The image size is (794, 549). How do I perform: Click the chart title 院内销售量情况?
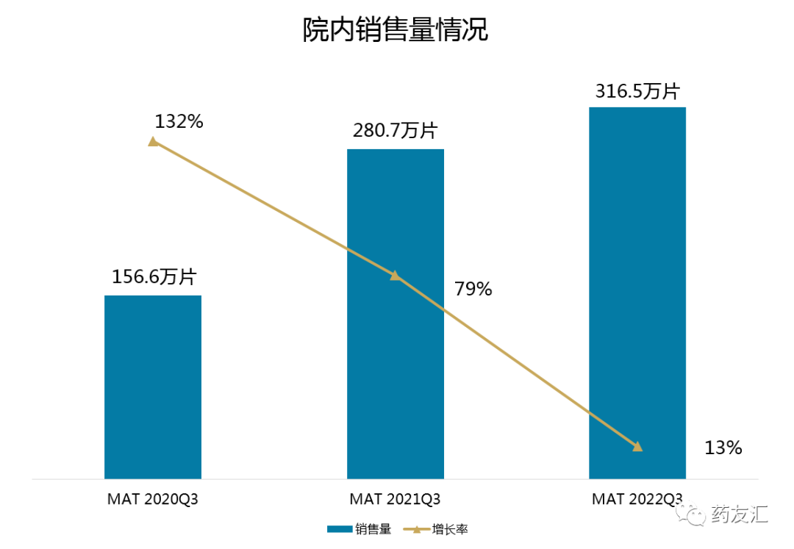click(x=396, y=31)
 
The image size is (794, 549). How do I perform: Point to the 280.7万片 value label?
click(x=396, y=131)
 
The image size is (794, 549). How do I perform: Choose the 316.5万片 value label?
click(x=637, y=90)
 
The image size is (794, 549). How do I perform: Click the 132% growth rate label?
click(x=179, y=121)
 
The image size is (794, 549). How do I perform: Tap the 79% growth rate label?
click(x=473, y=289)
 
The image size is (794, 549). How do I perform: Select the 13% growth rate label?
click(x=723, y=447)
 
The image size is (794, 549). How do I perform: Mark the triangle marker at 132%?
click(x=153, y=141)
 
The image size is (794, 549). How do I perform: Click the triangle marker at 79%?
click(x=396, y=276)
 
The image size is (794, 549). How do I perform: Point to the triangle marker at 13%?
click(x=637, y=446)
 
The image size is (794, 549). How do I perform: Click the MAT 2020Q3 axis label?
click(x=153, y=499)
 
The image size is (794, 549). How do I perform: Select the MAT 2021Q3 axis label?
click(x=396, y=499)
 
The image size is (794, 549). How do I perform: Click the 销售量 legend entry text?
click(x=374, y=528)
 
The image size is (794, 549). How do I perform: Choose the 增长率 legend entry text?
click(x=450, y=528)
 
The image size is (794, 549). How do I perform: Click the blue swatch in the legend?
click(x=340, y=528)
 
